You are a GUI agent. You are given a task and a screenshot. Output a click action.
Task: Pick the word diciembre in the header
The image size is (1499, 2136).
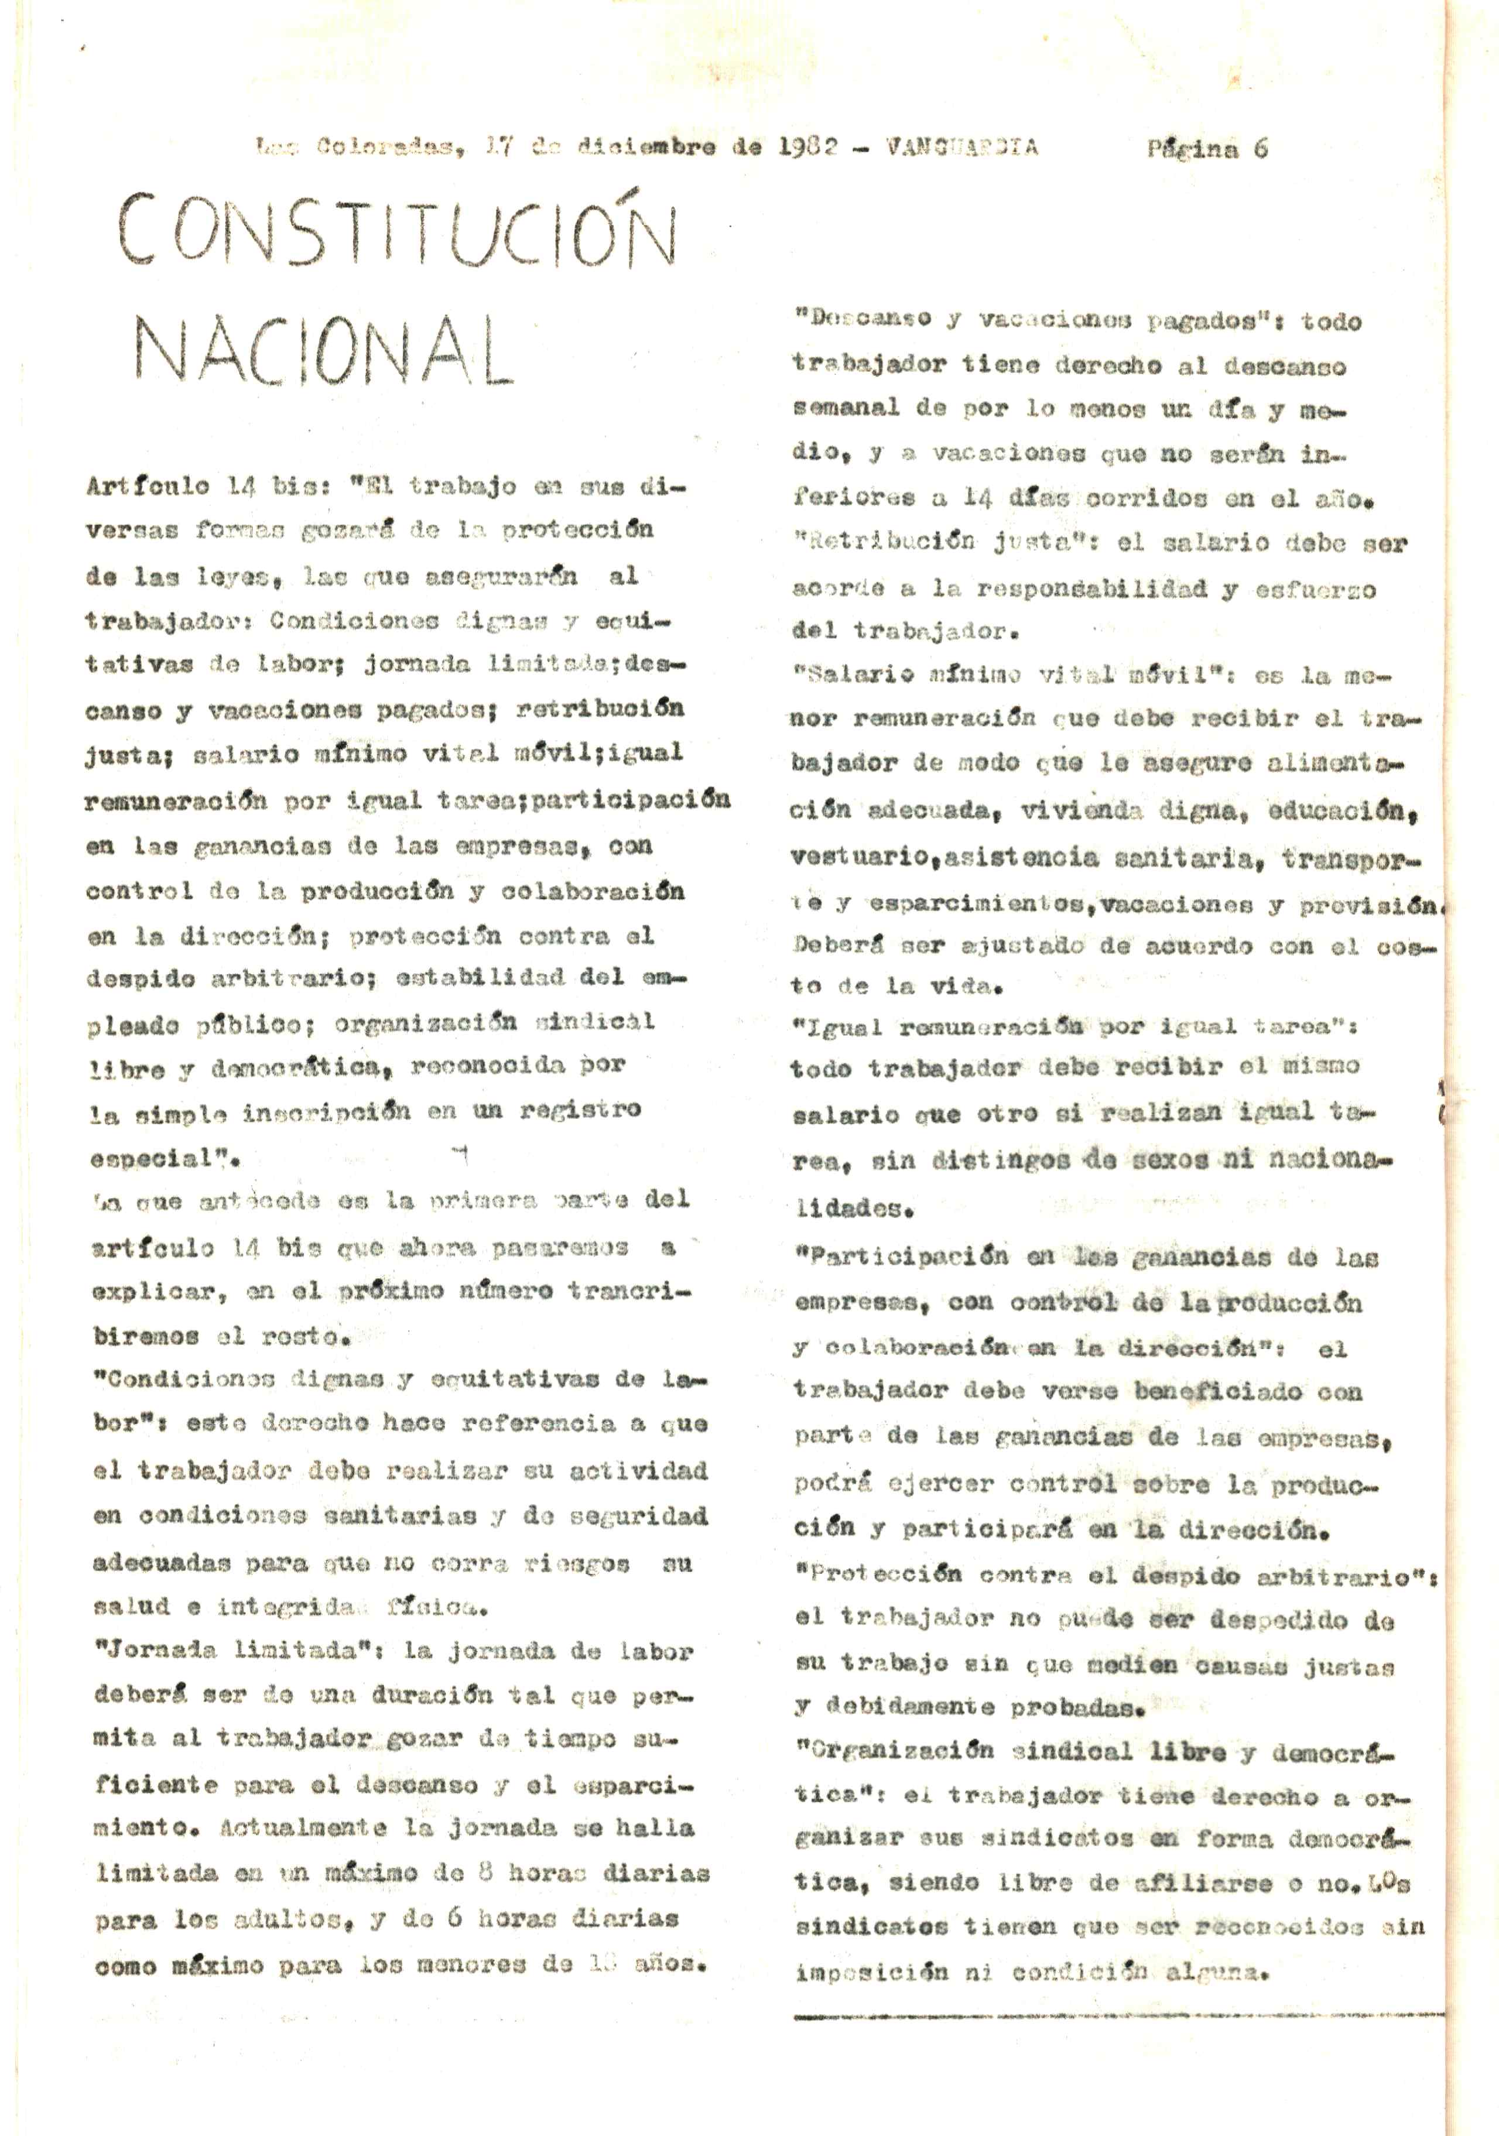point(646,147)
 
